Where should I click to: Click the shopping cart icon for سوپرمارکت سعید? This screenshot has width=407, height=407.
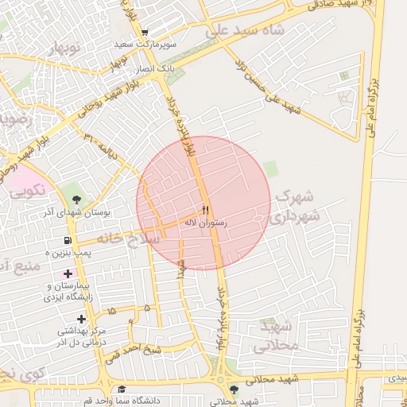coord(145,33)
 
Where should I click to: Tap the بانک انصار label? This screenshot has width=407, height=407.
coord(157,70)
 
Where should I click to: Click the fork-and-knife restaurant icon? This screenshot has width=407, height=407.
coord(206,211)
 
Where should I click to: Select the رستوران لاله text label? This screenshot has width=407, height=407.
coord(206,224)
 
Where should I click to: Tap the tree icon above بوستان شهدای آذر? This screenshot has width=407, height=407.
coord(76,200)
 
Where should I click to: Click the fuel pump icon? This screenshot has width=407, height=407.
coord(67,241)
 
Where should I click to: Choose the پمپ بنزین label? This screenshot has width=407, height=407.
coord(69,252)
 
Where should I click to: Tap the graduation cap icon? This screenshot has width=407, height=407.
coord(122,390)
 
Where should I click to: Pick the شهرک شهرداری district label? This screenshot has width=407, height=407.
coord(298,205)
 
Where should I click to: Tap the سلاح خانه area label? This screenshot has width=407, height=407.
coord(119,237)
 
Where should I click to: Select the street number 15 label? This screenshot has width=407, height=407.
coord(111,311)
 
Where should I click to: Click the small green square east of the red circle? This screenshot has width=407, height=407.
coord(271,169)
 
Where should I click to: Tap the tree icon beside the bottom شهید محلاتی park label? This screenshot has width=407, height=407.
coord(233,390)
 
